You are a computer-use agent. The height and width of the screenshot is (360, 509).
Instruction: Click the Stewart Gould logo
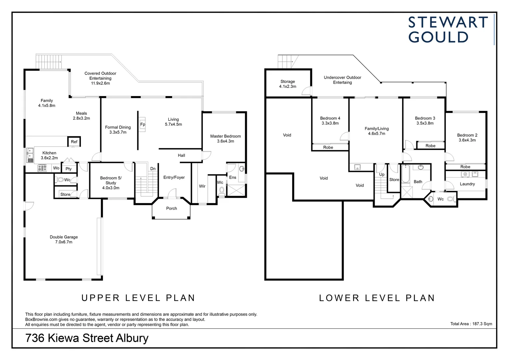coord(448,30)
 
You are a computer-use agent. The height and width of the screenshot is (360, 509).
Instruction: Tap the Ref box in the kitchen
coord(74,142)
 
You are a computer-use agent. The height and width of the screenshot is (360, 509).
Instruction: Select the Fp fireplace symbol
coord(143,124)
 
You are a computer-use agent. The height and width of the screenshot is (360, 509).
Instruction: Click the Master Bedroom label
coord(226,138)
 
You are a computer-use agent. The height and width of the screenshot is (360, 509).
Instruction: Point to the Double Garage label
coord(64,239)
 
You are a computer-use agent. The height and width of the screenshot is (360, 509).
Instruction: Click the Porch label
coord(172,208)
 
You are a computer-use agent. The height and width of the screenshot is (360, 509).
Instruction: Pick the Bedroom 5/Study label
coord(111,183)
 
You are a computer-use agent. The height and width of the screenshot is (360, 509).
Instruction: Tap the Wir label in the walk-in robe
coord(202,186)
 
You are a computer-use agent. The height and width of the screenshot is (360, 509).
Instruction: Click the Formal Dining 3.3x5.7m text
coord(118,130)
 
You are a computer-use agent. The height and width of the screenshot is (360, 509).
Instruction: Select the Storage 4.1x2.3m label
coord(288,84)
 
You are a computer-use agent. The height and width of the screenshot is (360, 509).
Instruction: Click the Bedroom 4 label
coord(330,121)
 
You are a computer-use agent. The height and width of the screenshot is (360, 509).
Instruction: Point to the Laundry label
coord(467,184)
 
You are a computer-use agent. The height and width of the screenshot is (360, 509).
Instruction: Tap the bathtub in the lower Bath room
coord(405,174)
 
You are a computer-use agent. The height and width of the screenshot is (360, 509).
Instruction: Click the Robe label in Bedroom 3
coord(431,146)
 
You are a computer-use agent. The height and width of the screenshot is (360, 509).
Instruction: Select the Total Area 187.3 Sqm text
coord(471,324)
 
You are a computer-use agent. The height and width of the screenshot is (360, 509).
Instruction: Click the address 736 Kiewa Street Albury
coord(87,338)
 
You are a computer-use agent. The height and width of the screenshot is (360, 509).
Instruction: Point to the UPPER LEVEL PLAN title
coord(138,298)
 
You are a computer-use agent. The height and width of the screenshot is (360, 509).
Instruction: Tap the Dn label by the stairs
coord(153,169)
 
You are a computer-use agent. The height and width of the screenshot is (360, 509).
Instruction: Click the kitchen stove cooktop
coord(42,168)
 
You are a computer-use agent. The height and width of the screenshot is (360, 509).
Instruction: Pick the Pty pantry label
coord(69,169)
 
